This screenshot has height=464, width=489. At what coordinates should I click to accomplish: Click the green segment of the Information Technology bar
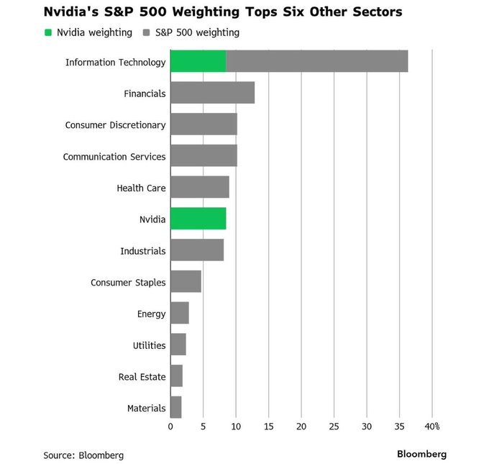pos(198,62)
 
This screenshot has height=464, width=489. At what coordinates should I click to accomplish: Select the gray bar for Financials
pos(212,93)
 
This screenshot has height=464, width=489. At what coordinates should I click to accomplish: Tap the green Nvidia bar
pos(198,219)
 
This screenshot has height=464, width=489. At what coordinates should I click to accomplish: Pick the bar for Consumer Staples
pos(186,282)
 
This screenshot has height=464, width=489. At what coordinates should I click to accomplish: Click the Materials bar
pos(175,408)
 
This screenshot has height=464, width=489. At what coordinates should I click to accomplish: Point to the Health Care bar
pos(199,188)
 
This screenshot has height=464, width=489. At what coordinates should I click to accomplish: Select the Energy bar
pos(179,314)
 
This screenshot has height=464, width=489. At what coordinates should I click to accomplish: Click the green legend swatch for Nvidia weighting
pos(48,32)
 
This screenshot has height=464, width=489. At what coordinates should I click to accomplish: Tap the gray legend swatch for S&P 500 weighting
pos(147,32)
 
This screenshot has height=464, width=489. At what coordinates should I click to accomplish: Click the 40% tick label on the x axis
pos(431,427)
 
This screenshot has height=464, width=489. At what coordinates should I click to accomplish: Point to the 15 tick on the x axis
pos(268,427)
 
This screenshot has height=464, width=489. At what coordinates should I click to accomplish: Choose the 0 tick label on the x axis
pos(170,427)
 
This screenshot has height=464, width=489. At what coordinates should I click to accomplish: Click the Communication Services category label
pos(114,156)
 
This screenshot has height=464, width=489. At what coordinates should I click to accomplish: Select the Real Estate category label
pos(142,377)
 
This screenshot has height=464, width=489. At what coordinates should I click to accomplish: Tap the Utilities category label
pos(149,345)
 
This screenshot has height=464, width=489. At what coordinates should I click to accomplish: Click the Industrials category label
pos(143,251)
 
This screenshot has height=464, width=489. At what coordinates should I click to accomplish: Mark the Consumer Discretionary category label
pos(115,124)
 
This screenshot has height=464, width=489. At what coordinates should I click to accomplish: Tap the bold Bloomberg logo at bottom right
pos(421,454)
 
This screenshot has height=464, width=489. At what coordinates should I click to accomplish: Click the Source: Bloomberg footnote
pos(83,455)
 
